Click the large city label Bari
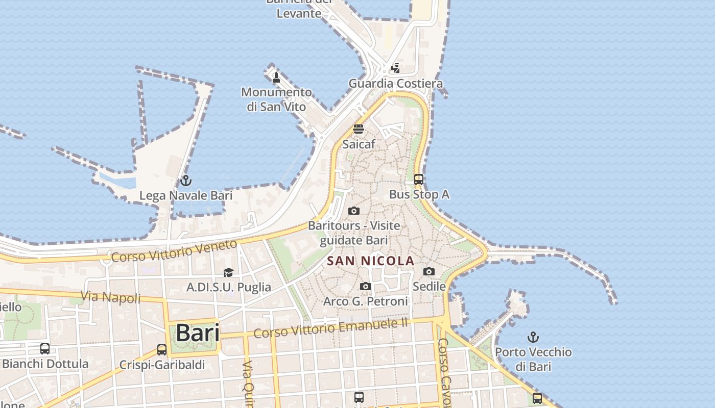click(198, 333)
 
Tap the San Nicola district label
click(370, 261)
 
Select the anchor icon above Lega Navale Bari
click(186, 181)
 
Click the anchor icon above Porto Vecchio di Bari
click(533, 337)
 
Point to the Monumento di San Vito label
click(276, 99)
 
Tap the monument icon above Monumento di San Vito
click(276, 78)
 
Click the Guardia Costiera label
click(395, 83)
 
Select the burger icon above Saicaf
click(359, 129)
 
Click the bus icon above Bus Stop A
click(419, 180)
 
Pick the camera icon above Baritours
click(353, 211)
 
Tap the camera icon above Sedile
click(429, 271)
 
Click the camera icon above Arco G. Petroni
click(365, 287)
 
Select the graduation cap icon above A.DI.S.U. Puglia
click(228, 272)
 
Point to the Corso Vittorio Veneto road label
click(174, 250)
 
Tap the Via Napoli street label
click(111, 297)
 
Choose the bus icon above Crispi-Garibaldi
click(162, 350)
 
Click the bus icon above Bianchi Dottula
click(45, 349)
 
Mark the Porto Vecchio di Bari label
click(533, 359)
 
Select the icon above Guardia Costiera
click(395, 68)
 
